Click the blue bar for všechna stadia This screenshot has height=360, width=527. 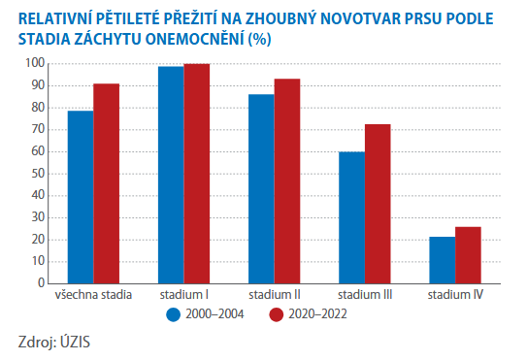(81, 197)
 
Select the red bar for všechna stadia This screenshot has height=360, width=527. (107, 183)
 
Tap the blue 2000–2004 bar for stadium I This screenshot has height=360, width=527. (171, 175)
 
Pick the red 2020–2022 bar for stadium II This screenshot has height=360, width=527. (287, 181)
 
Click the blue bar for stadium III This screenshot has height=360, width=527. (351, 217)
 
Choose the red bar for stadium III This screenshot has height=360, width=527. (378, 204)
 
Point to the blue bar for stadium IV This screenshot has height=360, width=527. (442, 259)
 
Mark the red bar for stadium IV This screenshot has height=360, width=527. (468, 254)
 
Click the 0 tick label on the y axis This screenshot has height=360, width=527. (42, 283)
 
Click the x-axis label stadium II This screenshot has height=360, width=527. (275, 294)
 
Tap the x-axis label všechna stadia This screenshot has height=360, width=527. (94, 294)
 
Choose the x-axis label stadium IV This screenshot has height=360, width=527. (455, 294)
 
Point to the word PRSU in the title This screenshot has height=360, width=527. (409, 18)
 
